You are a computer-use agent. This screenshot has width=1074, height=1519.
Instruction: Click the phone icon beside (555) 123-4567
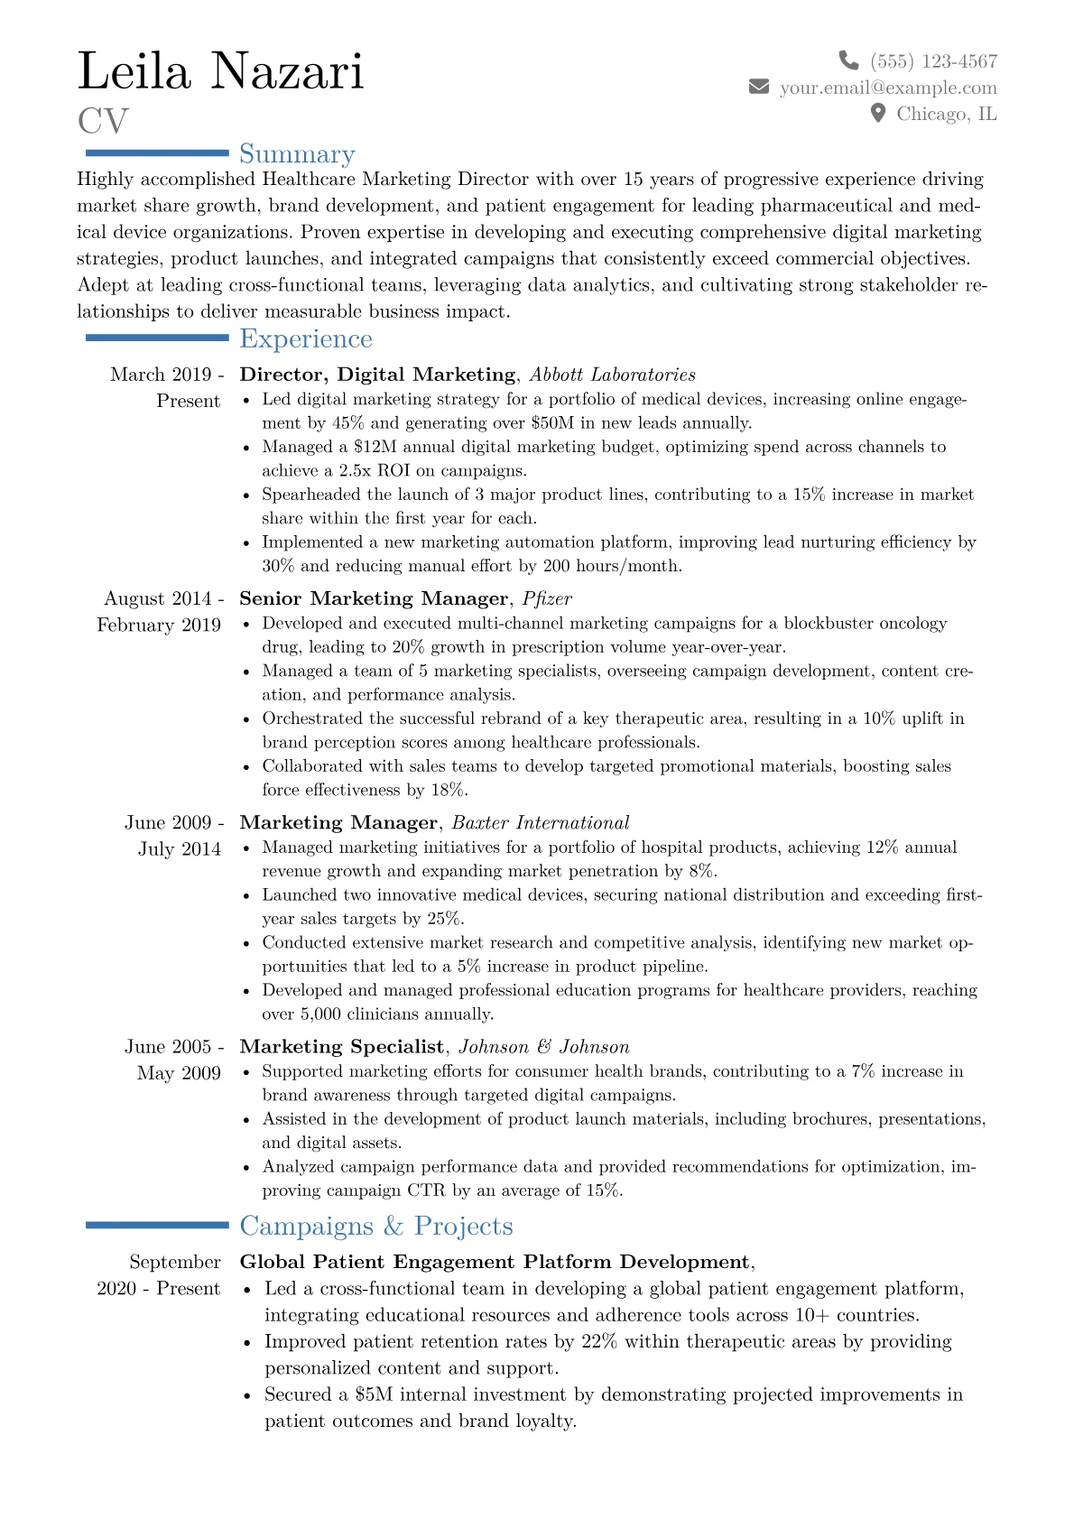point(848,60)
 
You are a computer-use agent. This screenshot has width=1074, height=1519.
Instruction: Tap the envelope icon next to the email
point(759,87)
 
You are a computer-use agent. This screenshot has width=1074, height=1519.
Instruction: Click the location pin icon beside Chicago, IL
point(877,113)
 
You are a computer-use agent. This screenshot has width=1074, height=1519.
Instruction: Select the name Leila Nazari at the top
point(221,70)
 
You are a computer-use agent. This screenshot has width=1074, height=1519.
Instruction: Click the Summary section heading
point(297,153)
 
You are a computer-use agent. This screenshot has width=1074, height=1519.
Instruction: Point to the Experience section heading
point(306,338)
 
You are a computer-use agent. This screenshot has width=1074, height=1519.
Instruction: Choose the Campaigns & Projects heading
point(376,1226)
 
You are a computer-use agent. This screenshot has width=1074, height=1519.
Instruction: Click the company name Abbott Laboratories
point(613,375)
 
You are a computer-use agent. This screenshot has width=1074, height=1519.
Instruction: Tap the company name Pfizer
point(547,598)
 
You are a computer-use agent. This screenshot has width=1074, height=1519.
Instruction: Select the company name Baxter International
point(541,822)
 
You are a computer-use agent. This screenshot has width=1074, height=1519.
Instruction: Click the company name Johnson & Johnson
point(544,1046)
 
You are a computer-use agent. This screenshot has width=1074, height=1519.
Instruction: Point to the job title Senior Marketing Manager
point(374,598)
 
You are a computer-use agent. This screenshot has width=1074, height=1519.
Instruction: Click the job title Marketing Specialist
point(342,1046)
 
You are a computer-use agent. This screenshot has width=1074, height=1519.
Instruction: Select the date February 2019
point(159,625)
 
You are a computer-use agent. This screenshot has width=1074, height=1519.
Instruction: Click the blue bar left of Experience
point(157,338)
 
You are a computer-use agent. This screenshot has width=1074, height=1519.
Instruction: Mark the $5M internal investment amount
point(374,1394)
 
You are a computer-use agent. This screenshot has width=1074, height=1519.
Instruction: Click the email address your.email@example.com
point(888,87)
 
